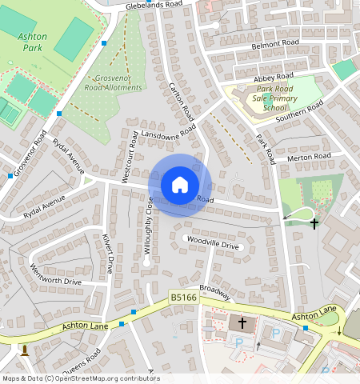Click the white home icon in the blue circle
179,185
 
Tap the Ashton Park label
31,42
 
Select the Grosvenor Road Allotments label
113,83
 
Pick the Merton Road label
309,156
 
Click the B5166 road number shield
183,298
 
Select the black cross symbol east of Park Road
314,224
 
